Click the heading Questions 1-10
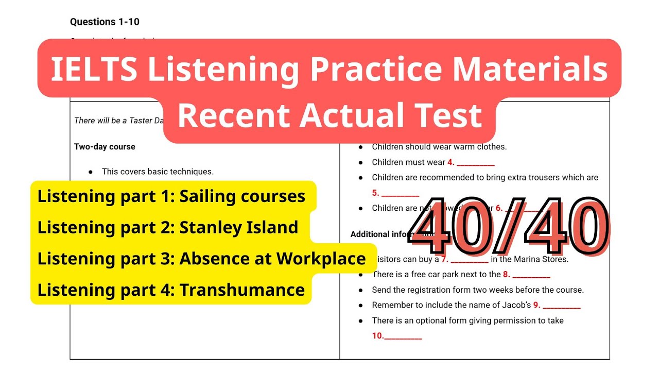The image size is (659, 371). point(105,22)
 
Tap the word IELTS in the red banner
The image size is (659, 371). point(94,69)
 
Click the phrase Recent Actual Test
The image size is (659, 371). point(329,115)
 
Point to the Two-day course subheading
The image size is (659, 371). point(105,147)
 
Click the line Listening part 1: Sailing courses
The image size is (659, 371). point(171,196)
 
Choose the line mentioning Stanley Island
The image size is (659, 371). point(168,227)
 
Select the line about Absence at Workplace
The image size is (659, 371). point(201,259)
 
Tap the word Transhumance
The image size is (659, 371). point(242,290)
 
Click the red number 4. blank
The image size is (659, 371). point(471,162)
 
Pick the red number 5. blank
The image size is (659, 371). point(395,193)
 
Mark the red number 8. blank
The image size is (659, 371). point(526,275)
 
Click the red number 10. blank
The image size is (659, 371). point(396,336)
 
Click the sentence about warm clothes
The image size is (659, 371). point(439,147)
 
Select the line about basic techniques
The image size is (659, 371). point(158,172)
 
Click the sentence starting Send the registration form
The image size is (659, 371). point(478,290)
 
